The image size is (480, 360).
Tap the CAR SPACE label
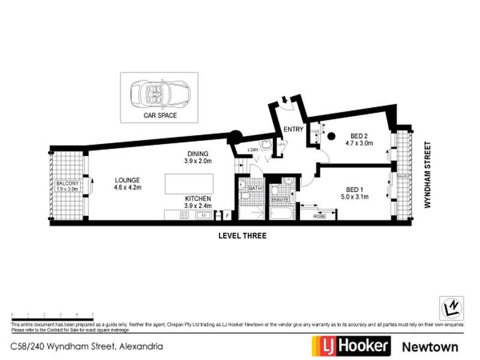coord(160,115)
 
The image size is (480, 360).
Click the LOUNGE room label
coord(127,179)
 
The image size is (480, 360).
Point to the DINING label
coord(197,154)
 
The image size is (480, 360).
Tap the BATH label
coord(255,188)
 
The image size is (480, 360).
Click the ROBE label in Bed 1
coord(319,216)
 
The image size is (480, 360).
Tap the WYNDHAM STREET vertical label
coord(428,175)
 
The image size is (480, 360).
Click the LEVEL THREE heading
coord(242,236)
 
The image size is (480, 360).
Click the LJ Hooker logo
coord(351,346)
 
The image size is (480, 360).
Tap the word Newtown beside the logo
coord(430,346)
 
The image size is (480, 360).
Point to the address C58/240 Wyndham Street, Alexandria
coord(87,346)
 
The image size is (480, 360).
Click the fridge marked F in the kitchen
coord(228,215)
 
